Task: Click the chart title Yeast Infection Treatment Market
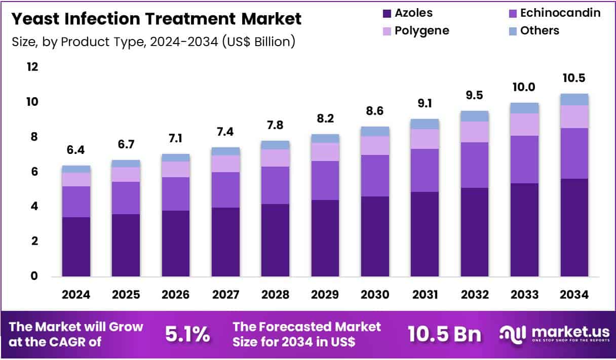pyautogui.click(x=156, y=19)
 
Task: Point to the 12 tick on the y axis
pyautogui.click(x=32, y=67)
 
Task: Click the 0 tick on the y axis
pyautogui.click(x=33, y=276)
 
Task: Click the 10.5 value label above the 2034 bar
pyautogui.click(x=574, y=78)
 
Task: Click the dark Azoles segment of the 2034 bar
pyautogui.click(x=574, y=228)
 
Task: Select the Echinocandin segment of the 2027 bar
pyautogui.click(x=225, y=190)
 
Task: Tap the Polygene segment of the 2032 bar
pyautogui.click(x=474, y=132)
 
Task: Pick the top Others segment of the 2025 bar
pyautogui.click(x=126, y=164)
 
